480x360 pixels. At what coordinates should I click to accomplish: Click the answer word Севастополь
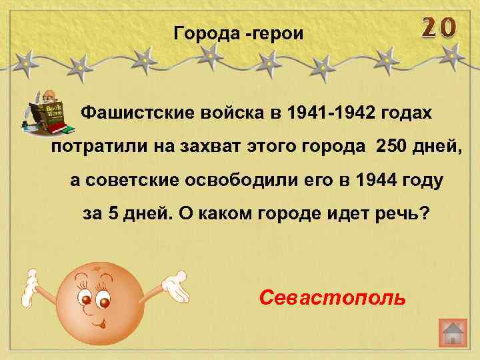point(331,296)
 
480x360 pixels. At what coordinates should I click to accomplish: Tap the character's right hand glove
point(172,286)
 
